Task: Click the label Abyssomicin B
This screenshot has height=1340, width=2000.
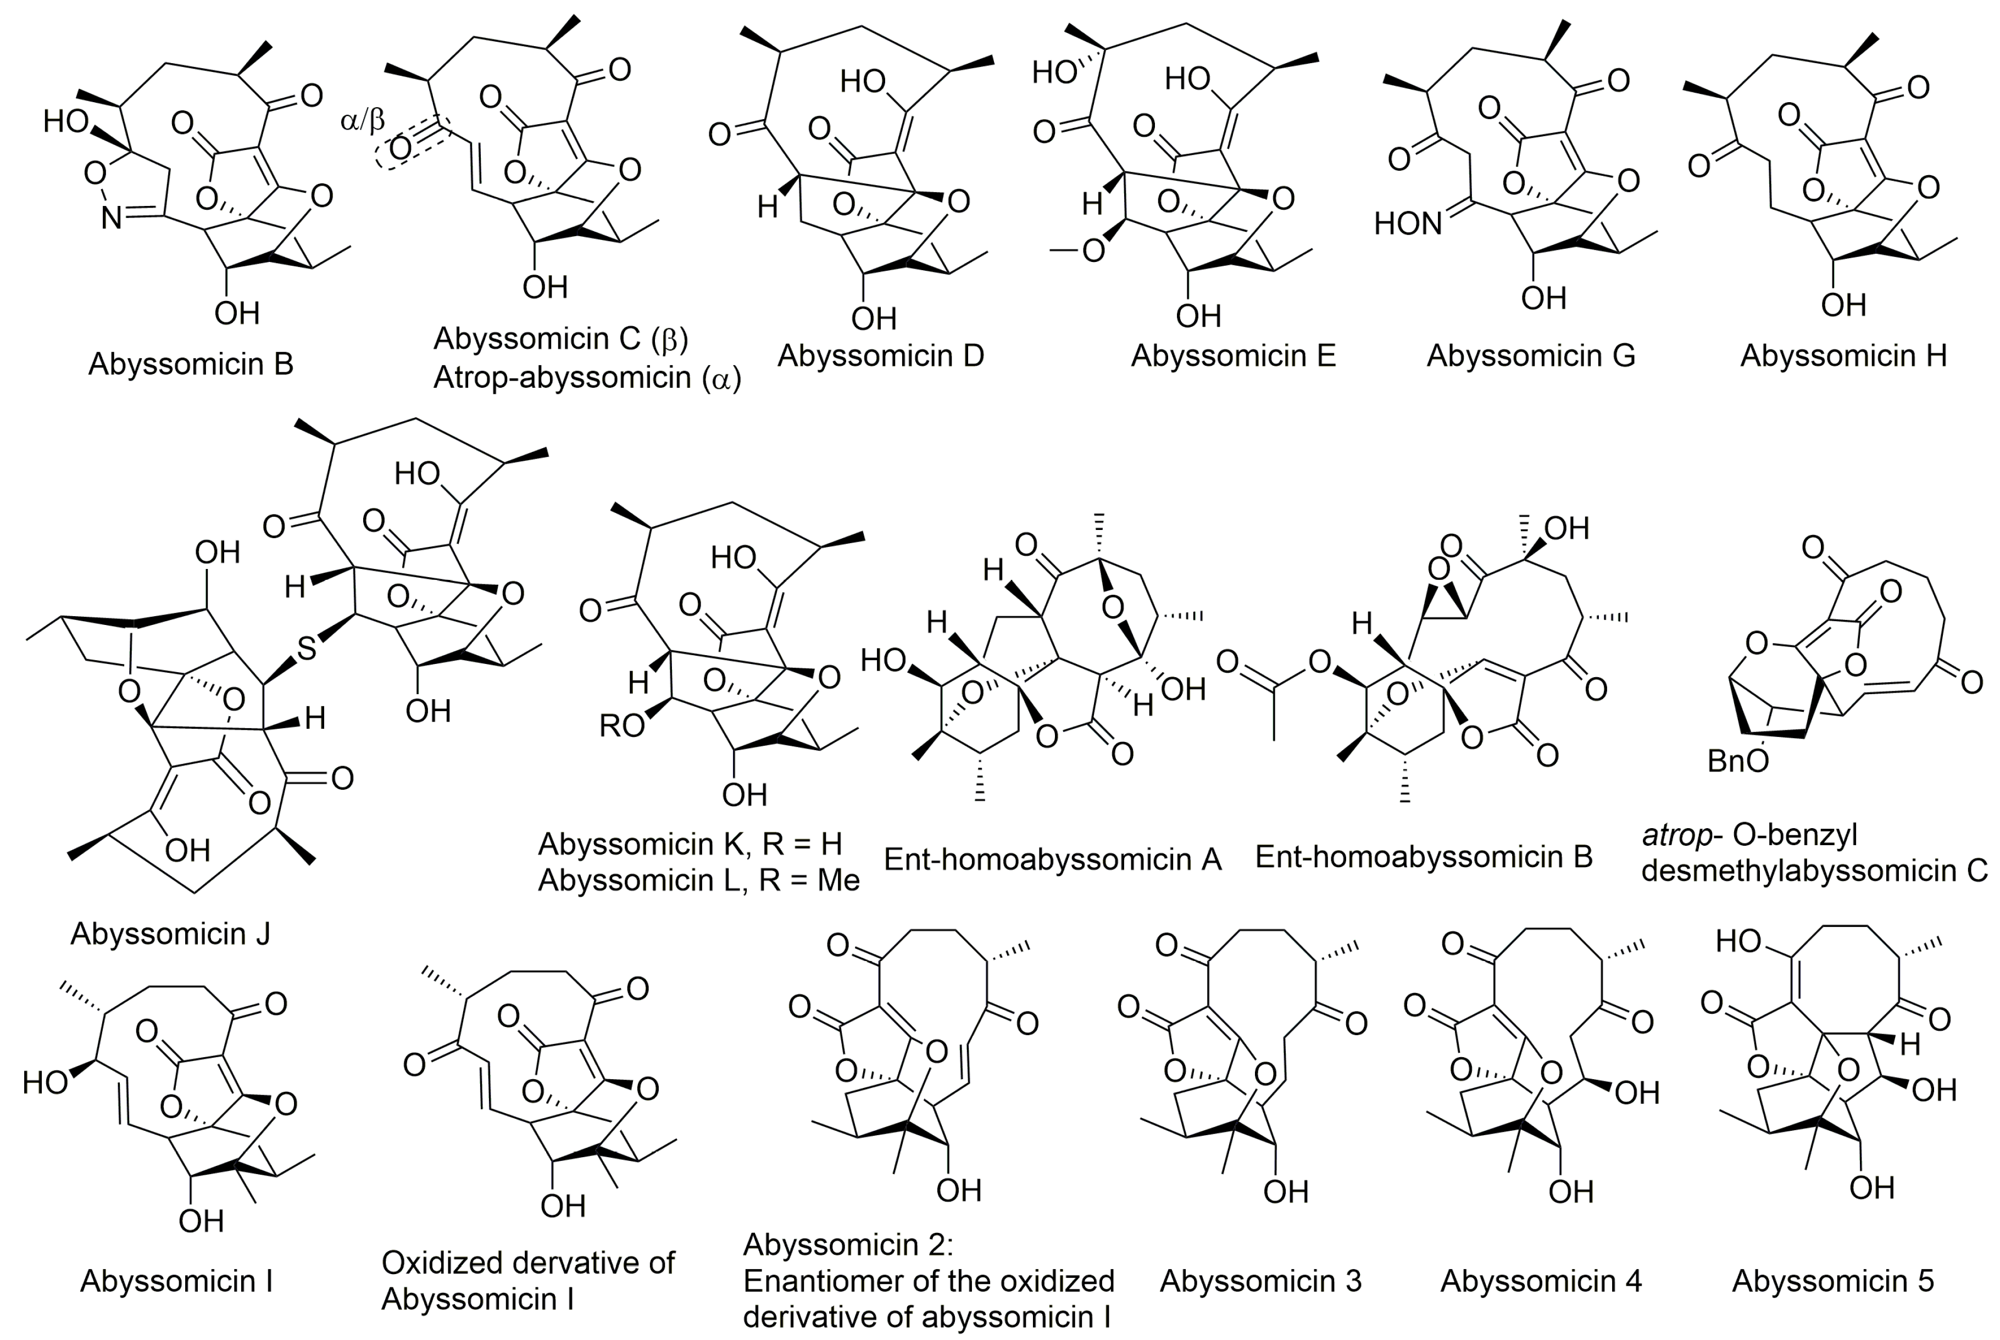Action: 191,364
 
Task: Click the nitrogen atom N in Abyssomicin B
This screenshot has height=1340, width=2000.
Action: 111,219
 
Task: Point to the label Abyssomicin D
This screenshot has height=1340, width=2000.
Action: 881,355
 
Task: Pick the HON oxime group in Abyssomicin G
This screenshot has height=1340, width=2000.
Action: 1408,224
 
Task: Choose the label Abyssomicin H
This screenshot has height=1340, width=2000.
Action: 1843,355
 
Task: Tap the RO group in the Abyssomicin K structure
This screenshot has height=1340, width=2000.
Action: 621,725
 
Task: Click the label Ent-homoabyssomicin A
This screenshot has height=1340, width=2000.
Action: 1053,859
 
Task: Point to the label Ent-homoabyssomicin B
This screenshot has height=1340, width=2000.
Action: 1424,856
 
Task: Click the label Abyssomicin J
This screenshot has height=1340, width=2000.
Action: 170,933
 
